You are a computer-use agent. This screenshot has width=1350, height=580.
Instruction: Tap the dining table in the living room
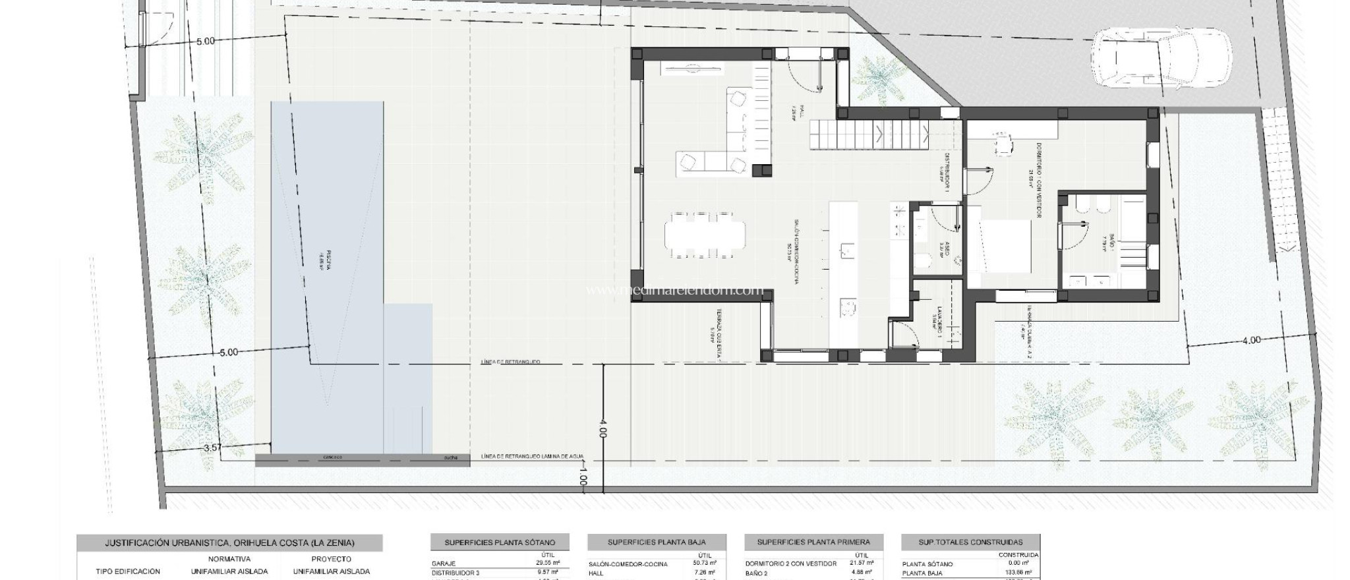click(x=705, y=234)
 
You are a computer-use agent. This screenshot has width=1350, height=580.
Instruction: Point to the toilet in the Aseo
click(x=923, y=263)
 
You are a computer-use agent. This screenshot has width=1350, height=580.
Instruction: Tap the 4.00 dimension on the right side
click(x=1251, y=341)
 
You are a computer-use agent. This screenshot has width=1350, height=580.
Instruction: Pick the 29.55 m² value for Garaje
click(x=548, y=564)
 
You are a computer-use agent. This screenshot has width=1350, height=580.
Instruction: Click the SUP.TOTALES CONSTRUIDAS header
click(x=971, y=542)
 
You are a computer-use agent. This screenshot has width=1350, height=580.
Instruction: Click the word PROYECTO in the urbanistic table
click(x=331, y=559)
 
